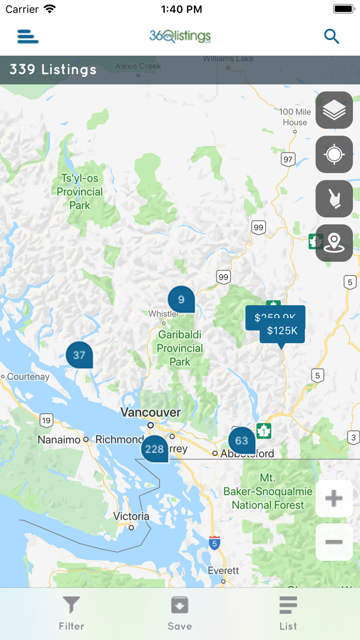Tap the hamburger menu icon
point(28,37)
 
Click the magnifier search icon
point(332,37)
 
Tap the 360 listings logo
point(180,36)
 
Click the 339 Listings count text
point(53,69)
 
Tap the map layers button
point(334,110)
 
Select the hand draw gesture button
point(334,199)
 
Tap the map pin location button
point(334,243)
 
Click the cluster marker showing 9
point(181,299)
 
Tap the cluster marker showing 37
point(79,355)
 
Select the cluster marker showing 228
point(154,449)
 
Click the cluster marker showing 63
point(242,440)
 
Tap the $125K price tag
point(282,331)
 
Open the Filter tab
point(71,613)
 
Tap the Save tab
point(179,613)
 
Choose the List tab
point(288,613)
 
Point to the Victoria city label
point(131,516)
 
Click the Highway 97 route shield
point(288,159)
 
